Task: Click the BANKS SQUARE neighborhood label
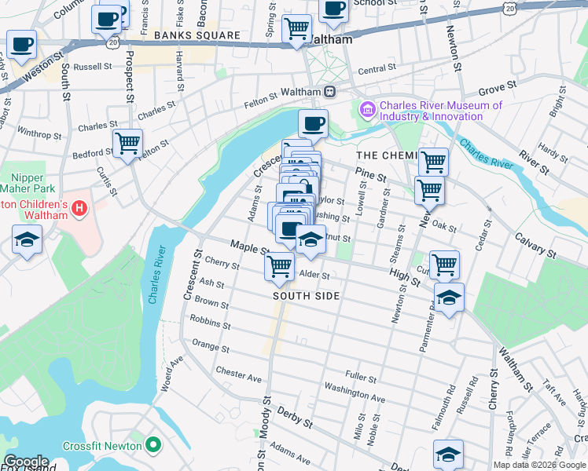[197, 36]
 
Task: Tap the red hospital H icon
[79, 209]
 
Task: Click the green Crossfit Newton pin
[153, 446]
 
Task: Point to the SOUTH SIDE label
[307, 296]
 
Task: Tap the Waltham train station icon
[330, 91]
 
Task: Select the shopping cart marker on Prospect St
[127, 144]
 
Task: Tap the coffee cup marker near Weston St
[22, 44]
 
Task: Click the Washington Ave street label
[354, 392]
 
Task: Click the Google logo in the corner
[25, 462]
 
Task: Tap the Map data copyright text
[538, 465]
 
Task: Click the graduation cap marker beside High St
[449, 297]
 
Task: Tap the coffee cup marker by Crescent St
[313, 123]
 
